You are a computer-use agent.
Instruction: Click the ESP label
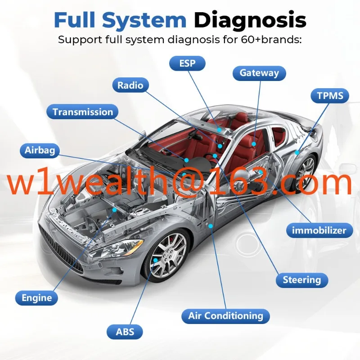[x=187, y=63]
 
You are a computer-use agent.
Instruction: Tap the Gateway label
[x=259, y=73]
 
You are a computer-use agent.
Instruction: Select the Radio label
[x=130, y=85]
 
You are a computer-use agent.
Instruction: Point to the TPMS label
[x=330, y=95]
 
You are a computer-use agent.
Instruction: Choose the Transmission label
[x=82, y=112]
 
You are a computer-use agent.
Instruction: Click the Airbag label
[x=40, y=150]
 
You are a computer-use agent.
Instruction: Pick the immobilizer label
[x=319, y=231]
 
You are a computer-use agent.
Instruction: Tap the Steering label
[x=301, y=280]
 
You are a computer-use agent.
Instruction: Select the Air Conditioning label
[x=225, y=315]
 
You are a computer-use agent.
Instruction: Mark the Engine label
[x=37, y=297]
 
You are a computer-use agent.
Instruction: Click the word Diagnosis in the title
[x=250, y=20]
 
